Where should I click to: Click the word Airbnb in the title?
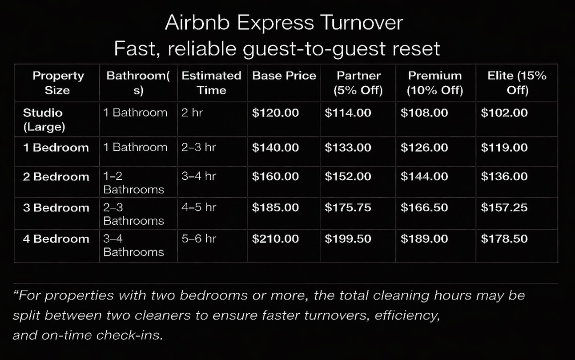[x=197, y=23]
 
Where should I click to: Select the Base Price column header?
[x=284, y=76]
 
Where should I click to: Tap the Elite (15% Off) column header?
[x=517, y=83]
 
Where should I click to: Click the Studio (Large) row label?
[x=44, y=120]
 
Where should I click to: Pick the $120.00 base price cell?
[x=275, y=113]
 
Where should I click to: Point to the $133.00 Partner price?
[x=348, y=148]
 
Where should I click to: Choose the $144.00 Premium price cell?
[x=424, y=177]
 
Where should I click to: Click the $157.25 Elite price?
[x=504, y=208]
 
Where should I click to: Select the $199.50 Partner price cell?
[x=348, y=239]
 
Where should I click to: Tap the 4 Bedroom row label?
[x=56, y=239]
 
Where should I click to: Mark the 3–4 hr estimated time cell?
[x=198, y=176]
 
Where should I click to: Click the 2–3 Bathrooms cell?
[x=133, y=214]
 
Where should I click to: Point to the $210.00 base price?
[x=275, y=239]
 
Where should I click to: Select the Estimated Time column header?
[x=211, y=83]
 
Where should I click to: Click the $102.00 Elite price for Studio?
[x=504, y=113]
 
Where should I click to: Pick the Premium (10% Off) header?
[x=434, y=83]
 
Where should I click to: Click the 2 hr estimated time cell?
[x=192, y=113]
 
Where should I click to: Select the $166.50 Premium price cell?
[x=424, y=208]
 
